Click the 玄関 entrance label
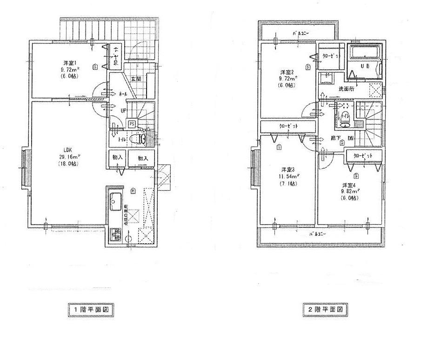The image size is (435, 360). tap(136, 79)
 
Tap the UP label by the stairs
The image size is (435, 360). tap(123, 111)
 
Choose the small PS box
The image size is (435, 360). tap(132, 124)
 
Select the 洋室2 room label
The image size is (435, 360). tap(286, 72)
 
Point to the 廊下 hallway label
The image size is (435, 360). tap(335, 138)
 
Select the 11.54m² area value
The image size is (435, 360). tap(289, 176)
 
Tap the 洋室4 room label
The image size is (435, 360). tap(349, 185)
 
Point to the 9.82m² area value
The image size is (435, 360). tap(350, 191)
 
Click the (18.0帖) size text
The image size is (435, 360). tap(68, 164)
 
